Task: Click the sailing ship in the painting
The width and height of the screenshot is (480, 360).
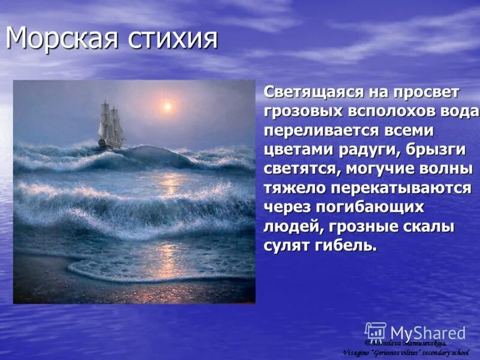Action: [x=111, y=125]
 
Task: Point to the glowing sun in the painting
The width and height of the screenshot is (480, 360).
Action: [x=167, y=107]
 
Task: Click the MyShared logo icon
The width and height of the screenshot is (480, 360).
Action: [x=376, y=332]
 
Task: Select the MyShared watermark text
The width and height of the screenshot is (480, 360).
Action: [x=428, y=333]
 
